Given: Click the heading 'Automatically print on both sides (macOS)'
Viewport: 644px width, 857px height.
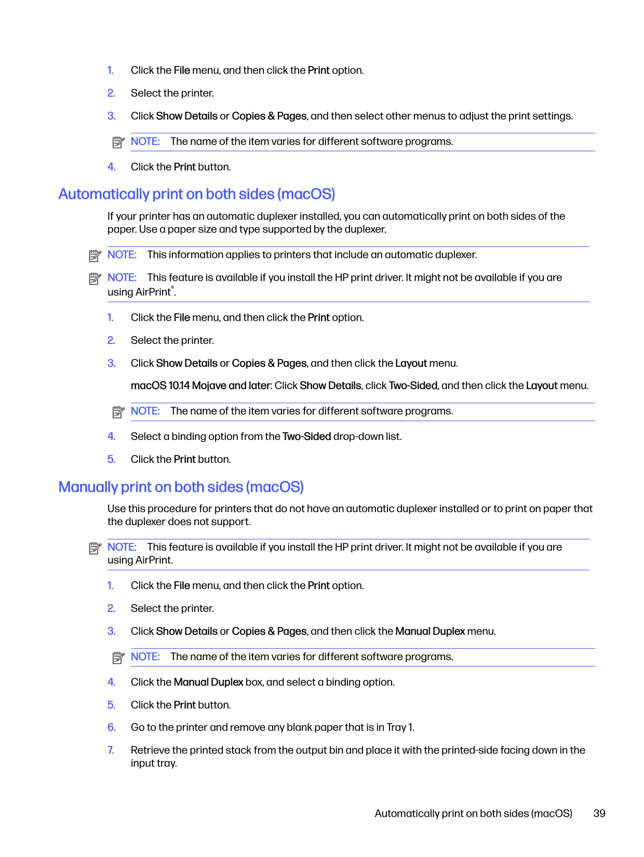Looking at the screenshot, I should [x=196, y=194].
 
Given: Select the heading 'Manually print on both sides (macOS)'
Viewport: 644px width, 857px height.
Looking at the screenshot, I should [x=181, y=487].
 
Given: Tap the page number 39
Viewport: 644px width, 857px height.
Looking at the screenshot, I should [x=599, y=813].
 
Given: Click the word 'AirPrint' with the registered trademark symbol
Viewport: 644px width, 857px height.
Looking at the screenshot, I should [x=154, y=292].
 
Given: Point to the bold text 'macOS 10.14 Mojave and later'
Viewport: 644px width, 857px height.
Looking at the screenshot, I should [x=200, y=385].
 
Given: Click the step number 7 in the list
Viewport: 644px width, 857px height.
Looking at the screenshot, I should [x=111, y=750].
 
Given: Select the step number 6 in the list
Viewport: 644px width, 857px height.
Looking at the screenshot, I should [x=111, y=727].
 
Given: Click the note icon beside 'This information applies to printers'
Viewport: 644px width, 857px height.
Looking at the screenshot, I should [x=95, y=256].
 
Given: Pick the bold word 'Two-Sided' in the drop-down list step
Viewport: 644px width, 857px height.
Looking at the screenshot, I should [x=306, y=436].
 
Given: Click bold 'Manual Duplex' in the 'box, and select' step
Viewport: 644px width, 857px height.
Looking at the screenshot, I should [x=208, y=682].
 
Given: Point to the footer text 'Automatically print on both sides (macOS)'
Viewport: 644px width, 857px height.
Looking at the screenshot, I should [x=473, y=813].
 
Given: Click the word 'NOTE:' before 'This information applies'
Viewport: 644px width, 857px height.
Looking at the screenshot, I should [x=122, y=255].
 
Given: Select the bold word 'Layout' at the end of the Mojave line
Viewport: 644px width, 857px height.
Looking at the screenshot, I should [x=541, y=385].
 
